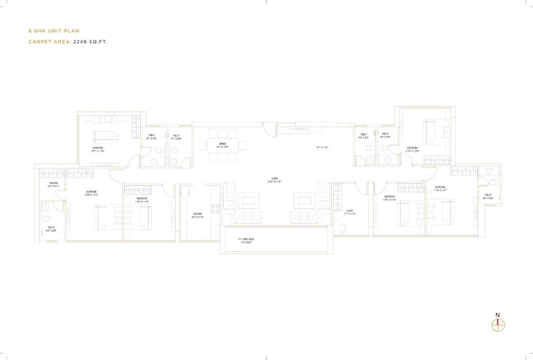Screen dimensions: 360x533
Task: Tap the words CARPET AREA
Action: [x=49, y=42]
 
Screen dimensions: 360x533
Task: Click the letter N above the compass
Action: [x=497, y=314]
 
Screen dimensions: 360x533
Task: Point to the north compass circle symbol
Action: [x=498, y=325]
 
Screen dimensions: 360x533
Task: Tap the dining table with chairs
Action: [x=222, y=147]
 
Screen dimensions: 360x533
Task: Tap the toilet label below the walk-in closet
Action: [x=51, y=228]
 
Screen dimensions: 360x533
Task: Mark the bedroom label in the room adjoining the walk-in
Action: [x=91, y=193]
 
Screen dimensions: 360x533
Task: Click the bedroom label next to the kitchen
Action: [x=142, y=200]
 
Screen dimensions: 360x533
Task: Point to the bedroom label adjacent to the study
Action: [x=390, y=200]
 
